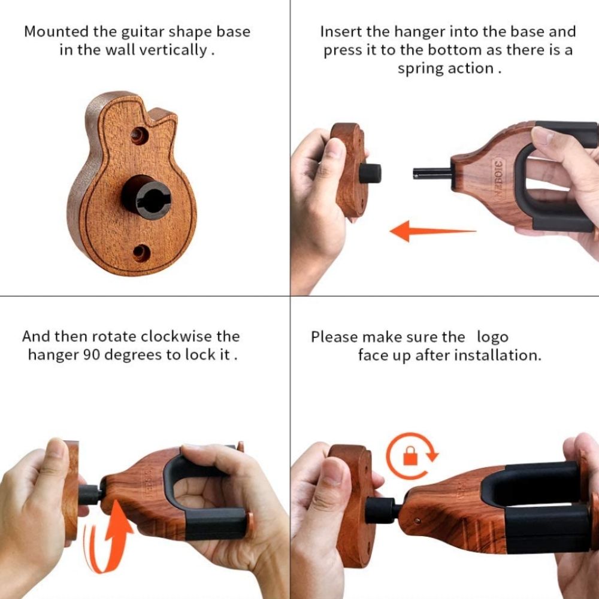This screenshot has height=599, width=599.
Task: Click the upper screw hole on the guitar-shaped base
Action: click(140, 135)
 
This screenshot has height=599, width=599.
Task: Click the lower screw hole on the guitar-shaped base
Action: click(141, 253)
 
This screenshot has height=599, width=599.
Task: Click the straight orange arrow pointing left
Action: click(433, 231)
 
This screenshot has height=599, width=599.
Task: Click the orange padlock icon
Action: click(410, 456)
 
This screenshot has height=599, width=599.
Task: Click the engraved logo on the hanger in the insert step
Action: click(498, 179)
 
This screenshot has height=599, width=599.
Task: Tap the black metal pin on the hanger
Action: click(432, 174)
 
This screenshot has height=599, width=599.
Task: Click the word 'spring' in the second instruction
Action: click(420, 69)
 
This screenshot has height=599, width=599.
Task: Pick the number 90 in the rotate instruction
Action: click(91, 355)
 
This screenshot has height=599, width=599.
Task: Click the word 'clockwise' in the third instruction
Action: click(176, 337)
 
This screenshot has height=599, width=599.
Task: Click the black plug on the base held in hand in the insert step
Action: click(370, 173)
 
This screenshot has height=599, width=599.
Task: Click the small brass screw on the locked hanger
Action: click(417, 521)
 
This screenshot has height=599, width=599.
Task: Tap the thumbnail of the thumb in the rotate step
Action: click(58, 449)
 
